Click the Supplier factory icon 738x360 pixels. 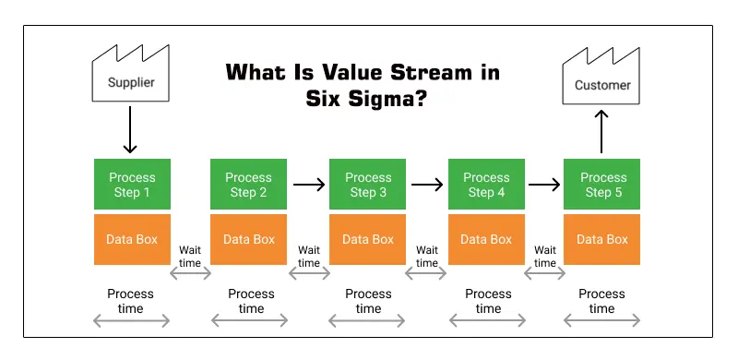(130, 80)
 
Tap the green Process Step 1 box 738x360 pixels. (132, 185)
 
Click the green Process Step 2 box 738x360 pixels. (249, 185)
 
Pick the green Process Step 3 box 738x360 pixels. (368, 185)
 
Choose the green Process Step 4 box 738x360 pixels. (486, 185)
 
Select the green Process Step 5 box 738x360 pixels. (603, 185)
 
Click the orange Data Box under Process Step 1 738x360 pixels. (132, 239)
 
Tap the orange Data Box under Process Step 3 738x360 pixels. (368, 239)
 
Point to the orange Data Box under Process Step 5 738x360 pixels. (603, 239)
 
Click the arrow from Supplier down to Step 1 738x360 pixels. (130, 129)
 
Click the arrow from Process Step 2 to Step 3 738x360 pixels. (309, 185)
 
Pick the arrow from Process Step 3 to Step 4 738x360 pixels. (427, 185)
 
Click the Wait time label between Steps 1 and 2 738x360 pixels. (191, 256)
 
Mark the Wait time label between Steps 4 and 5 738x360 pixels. (545, 256)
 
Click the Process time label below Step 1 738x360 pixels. (131, 301)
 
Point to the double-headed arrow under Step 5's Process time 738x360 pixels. (601, 320)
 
